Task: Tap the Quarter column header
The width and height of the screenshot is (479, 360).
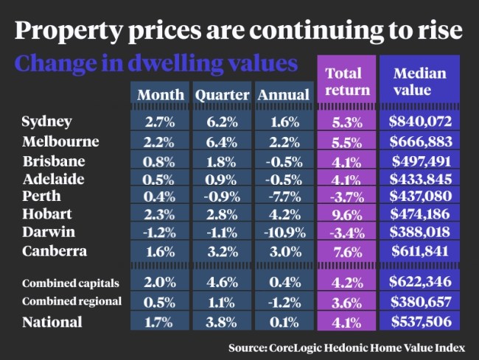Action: point(220,94)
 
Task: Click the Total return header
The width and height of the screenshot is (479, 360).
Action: point(343,82)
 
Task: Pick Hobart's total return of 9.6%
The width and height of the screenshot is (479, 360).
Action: point(343,215)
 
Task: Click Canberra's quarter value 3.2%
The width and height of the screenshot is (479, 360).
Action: point(220,252)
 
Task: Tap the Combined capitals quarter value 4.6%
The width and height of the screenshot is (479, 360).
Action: point(220,283)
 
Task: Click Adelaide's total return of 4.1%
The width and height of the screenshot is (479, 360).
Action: point(343,178)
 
